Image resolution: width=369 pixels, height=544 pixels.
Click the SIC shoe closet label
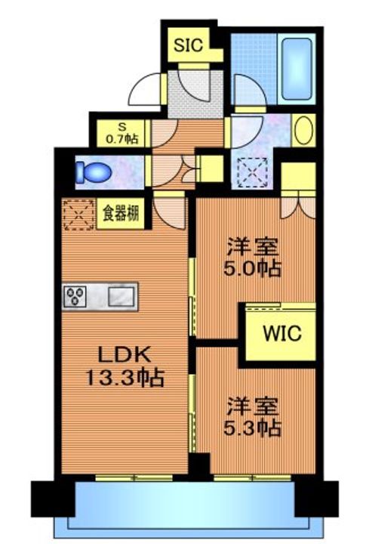[x=188, y=45]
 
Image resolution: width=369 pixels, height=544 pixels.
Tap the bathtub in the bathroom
[x=297, y=69]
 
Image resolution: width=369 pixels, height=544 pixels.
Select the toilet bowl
[x=94, y=172]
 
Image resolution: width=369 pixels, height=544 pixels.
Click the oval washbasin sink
[x=304, y=131]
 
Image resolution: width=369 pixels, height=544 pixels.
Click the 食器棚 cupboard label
[x=121, y=214]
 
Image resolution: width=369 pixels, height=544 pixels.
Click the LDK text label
[x=125, y=355]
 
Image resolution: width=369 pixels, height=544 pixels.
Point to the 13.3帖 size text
[x=125, y=379]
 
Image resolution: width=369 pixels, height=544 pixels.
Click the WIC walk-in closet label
[x=282, y=333]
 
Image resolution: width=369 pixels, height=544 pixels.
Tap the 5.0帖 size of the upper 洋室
[x=252, y=268]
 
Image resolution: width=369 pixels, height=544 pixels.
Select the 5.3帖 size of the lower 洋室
[x=252, y=428]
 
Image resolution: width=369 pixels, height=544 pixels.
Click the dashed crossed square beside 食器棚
[x=79, y=215]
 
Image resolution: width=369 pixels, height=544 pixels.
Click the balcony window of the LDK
[x=134, y=478]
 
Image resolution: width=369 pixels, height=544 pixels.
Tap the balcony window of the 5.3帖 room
[x=253, y=478]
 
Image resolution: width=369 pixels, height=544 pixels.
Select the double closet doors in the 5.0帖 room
[x=298, y=208]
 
